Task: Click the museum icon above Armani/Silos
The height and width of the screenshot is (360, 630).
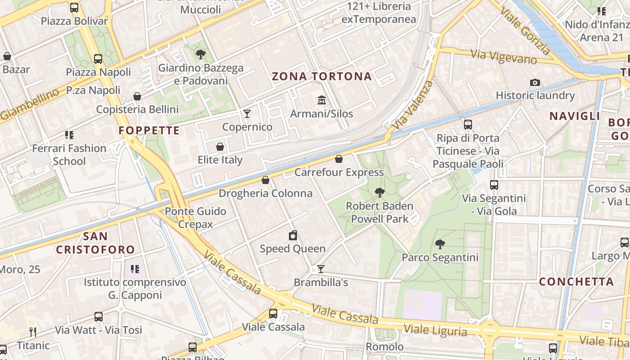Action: (321, 100)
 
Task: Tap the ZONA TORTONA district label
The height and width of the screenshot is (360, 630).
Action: (322, 76)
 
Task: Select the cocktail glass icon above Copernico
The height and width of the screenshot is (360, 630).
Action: (247, 113)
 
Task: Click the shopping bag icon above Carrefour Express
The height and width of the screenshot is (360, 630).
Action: (339, 159)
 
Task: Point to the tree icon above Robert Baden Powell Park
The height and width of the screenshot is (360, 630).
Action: (379, 193)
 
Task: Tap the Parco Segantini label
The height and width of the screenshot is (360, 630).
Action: (440, 257)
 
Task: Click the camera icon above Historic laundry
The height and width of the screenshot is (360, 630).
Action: (535, 82)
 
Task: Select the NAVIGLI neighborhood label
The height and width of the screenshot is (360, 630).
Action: (574, 116)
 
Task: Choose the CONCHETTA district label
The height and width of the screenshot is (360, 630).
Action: (576, 282)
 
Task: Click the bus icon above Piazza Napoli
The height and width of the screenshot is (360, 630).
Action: (98, 58)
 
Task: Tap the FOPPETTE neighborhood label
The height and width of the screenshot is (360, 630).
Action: (149, 131)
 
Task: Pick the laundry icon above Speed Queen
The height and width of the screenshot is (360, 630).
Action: (292, 235)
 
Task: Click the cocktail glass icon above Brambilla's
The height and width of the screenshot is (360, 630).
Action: (320, 269)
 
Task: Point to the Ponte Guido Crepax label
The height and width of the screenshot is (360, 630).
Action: (195, 217)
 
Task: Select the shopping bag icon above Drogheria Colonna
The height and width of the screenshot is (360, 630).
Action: (265, 180)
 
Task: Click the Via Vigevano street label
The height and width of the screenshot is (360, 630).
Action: (504, 57)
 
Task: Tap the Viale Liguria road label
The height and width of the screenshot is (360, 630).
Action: (435, 330)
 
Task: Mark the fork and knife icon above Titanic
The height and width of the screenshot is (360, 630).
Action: (32, 332)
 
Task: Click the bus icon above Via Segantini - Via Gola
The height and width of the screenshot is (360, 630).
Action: (494, 185)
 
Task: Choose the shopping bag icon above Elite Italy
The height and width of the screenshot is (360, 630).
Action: (220, 147)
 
